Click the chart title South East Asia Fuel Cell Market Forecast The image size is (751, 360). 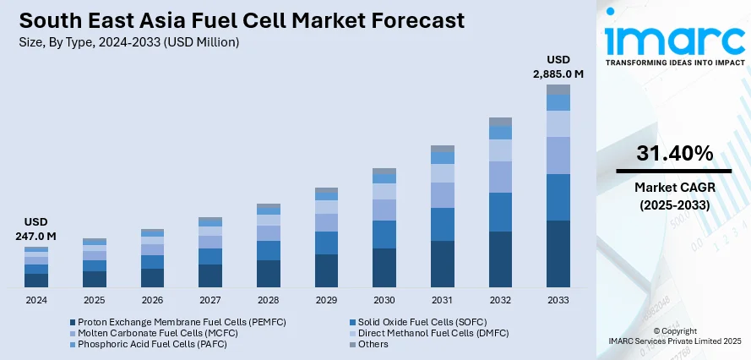click(x=240, y=21)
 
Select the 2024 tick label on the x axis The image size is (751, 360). click(x=36, y=300)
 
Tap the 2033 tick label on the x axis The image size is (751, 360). click(x=558, y=300)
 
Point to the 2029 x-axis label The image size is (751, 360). click(x=326, y=300)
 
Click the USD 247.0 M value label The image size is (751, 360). click(x=36, y=230)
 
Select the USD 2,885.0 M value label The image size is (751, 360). click(x=558, y=67)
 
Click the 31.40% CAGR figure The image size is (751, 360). click(x=674, y=153)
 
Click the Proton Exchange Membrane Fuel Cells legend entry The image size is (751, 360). click(x=170, y=322)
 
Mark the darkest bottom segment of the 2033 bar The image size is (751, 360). click(x=558, y=254)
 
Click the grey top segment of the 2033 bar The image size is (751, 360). click(x=558, y=89)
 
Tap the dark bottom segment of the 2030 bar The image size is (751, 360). click(x=384, y=267)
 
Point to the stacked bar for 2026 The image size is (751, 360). click(x=152, y=258)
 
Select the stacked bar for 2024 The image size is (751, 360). click(x=36, y=266)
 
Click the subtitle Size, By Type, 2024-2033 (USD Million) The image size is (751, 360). click(x=129, y=42)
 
